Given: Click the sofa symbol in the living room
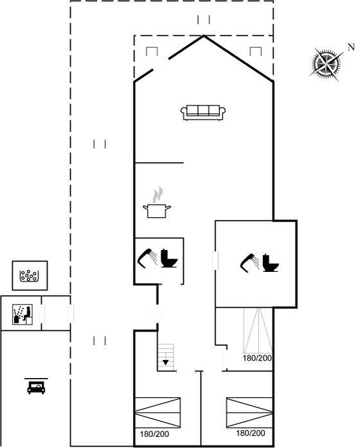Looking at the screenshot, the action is coord(203,113).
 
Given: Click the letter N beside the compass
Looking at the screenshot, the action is coord(351,47).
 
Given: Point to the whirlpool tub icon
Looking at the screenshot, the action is coord(29,276).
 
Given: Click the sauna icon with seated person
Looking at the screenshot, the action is coord(22,314).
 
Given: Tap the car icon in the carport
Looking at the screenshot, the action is coord(36,386).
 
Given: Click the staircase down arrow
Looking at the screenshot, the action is coord(165,363).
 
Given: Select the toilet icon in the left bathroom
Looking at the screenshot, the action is coord(169,258).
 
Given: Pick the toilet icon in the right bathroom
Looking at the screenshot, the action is coord(270,263).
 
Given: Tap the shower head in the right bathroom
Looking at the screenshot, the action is coord(249,262).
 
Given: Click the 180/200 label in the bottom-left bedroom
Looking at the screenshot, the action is coord(154,435).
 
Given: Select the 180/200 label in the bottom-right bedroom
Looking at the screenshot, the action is coord(250,433).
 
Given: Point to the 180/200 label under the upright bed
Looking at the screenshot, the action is coord(257,358).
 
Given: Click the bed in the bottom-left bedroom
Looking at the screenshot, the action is coord(157,413).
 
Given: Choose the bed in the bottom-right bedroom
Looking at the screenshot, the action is coord(249,413).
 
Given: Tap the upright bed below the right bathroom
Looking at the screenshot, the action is coord(258,330).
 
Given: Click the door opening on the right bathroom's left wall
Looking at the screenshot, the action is coord(215,260).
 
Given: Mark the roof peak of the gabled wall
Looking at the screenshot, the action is coord(204,36).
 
